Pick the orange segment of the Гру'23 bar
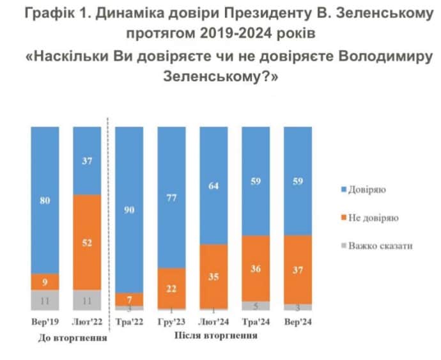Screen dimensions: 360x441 (x=171, y=288)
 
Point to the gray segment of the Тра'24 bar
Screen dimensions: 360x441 (x=256, y=306)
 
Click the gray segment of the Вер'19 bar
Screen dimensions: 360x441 (x=45, y=300)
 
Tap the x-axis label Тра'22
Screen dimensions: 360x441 (x=129, y=322)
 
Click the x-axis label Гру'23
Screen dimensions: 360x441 (x=171, y=322)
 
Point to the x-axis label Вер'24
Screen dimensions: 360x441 (x=297, y=322)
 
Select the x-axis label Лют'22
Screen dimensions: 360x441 (x=87, y=322)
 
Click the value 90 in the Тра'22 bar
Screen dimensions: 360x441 (x=129, y=209)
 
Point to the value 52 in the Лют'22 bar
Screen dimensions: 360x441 (x=87, y=242)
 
